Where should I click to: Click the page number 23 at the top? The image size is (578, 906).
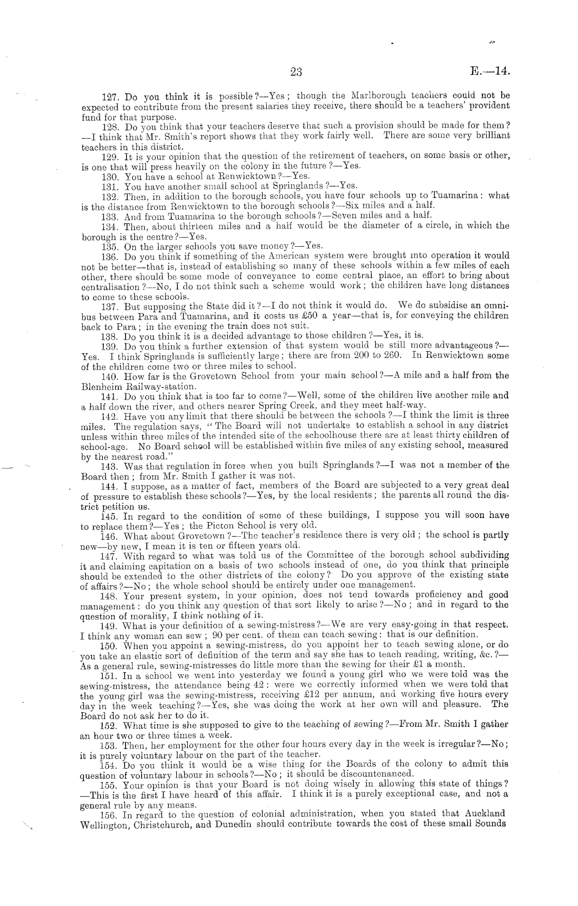296,72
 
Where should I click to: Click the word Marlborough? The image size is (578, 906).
375,96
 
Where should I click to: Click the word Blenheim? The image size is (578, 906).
102,386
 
